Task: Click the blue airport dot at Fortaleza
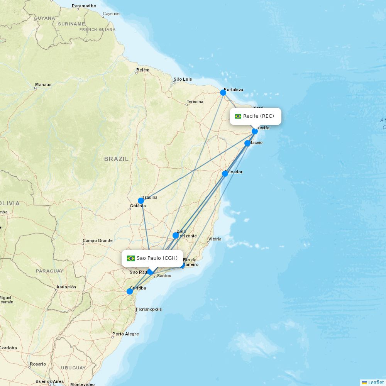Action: [223, 93]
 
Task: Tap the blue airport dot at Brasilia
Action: [141, 201]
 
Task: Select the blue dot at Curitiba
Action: [130, 291]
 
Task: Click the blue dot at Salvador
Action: [225, 174]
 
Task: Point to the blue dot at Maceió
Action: [247, 143]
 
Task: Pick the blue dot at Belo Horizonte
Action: [176, 235]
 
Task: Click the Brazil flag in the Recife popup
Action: [238, 116]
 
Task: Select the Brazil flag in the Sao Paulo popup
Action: [131, 258]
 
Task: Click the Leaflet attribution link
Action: [376, 382]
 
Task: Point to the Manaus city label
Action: [43, 85]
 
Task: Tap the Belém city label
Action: [143, 70]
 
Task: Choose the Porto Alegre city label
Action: [125, 334]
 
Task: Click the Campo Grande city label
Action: [97, 240]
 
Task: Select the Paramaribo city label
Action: [84, 6]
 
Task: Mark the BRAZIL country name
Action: [116, 159]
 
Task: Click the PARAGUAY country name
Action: [49, 271]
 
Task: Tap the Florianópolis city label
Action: [149, 309]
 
